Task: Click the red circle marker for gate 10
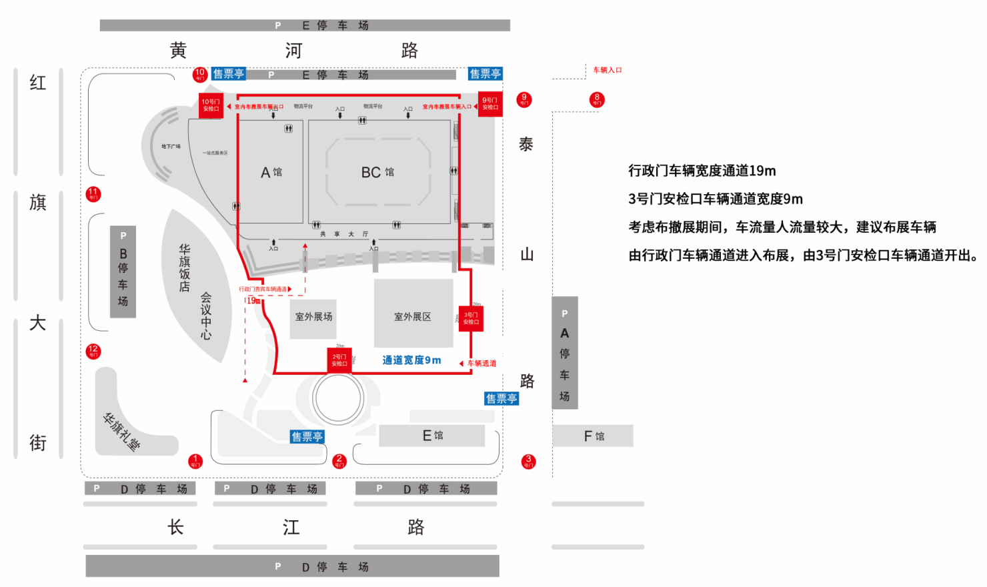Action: coord(200,74)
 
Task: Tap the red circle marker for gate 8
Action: coord(597,99)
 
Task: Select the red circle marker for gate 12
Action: coord(93,351)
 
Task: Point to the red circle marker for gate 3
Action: coord(528,461)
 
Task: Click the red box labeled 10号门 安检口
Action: coord(211,105)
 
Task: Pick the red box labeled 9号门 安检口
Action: coord(490,104)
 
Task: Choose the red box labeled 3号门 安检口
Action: coord(471,319)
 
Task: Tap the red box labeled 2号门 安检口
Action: coord(339,360)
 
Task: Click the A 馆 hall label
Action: coord(271,173)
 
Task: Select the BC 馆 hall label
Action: coord(377,173)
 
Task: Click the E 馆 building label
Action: coord(433,436)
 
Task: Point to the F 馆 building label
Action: coord(594,436)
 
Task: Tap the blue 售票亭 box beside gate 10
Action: coord(229,74)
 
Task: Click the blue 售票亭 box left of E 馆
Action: coord(307,437)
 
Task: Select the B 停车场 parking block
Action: coord(123,271)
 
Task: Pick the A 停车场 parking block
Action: coord(564,353)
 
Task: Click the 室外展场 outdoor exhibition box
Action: coord(313,317)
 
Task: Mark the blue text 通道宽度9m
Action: coord(411,360)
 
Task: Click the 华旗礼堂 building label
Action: coord(121,432)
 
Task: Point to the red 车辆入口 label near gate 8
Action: coord(607,70)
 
